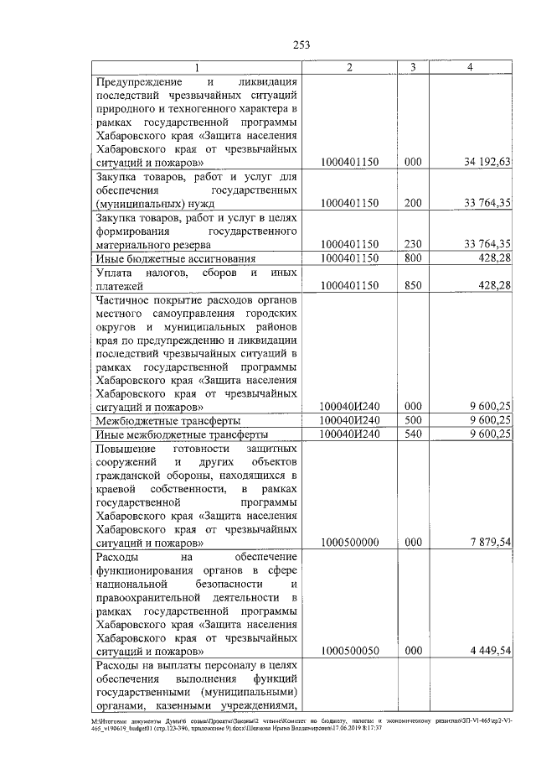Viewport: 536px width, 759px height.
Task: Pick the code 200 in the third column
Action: tap(412, 203)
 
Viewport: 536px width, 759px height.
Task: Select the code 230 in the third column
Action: tap(412, 243)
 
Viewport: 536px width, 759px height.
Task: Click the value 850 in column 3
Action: tap(412, 285)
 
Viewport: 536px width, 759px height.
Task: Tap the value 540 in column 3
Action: tap(412, 434)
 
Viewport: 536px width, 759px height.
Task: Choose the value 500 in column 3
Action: tap(412, 419)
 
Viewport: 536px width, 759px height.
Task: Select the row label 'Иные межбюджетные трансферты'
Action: tap(182, 434)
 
